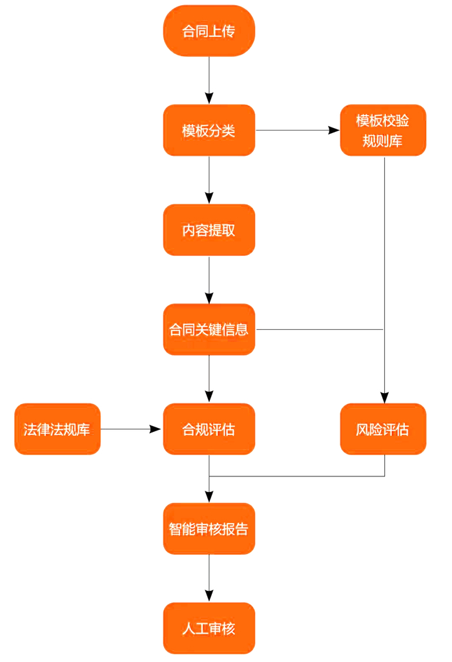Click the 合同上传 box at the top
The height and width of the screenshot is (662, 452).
[x=209, y=31]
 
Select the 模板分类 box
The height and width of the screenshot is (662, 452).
[x=209, y=131]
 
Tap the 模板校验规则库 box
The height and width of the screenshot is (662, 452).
[x=383, y=131]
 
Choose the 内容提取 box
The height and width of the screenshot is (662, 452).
[x=209, y=230]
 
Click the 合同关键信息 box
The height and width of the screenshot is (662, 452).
[x=209, y=330]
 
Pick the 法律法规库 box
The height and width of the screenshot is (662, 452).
[x=57, y=429]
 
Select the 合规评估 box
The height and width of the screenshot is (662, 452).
[x=209, y=429]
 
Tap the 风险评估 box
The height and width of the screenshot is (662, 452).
[x=383, y=429]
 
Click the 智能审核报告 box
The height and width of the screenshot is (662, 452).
[x=209, y=529]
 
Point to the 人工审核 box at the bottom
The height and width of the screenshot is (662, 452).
[x=209, y=628]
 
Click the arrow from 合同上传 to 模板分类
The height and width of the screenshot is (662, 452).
[x=209, y=80]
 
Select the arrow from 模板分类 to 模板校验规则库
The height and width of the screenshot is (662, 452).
[x=297, y=131]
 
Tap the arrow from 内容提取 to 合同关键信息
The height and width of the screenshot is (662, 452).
[x=209, y=279]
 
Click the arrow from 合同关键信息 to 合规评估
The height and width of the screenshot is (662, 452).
[x=209, y=379]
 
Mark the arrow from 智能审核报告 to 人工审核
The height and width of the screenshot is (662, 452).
[x=209, y=578]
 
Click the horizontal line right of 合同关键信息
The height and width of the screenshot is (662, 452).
[x=320, y=330]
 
